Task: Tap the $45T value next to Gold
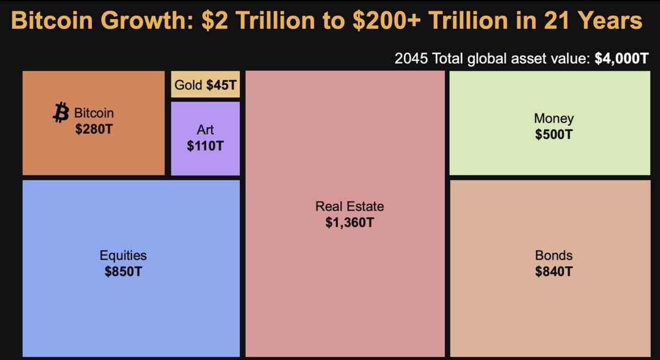click(222, 85)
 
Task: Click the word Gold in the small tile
click(189, 85)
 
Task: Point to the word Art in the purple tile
click(205, 130)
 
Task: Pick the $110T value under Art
click(205, 146)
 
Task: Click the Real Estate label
click(349, 207)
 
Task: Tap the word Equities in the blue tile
click(123, 256)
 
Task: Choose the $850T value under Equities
click(123, 272)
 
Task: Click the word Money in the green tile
click(553, 118)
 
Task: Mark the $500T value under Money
click(553, 134)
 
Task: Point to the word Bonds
click(553, 256)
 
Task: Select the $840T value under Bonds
click(553, 272)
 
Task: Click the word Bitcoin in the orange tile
click(94, 113)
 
